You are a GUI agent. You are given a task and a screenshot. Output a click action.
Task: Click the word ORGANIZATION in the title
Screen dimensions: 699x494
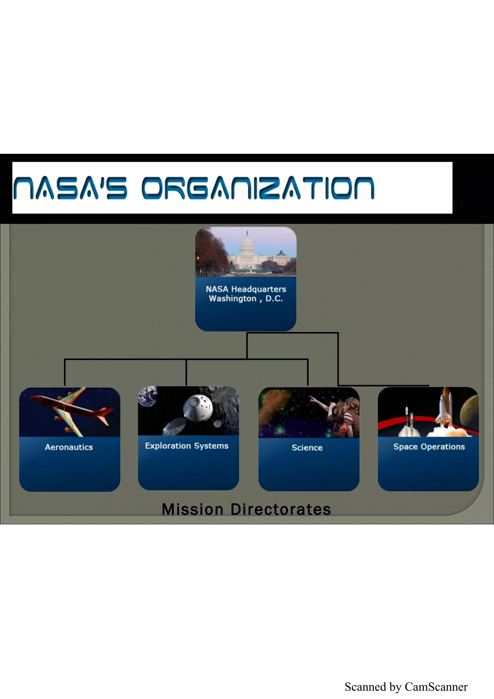click(x=258, y=188)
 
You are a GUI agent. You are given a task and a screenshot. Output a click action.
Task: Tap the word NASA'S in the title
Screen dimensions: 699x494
click(x=70, y=188)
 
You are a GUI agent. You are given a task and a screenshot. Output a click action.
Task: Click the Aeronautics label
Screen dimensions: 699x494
click(x=69, y=447)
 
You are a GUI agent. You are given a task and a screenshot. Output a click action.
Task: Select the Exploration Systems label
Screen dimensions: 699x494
click(x=187, y=446)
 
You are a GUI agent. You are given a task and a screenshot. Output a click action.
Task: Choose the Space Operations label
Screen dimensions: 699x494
click(x=429, y=447)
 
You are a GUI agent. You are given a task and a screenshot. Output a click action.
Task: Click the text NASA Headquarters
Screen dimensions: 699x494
click(x=246, y=289)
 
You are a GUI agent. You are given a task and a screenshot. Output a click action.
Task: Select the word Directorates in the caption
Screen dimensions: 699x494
click(x=281, y=510)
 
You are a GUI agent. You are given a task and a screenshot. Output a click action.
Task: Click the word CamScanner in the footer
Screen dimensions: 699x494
click(x=436, y=687)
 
